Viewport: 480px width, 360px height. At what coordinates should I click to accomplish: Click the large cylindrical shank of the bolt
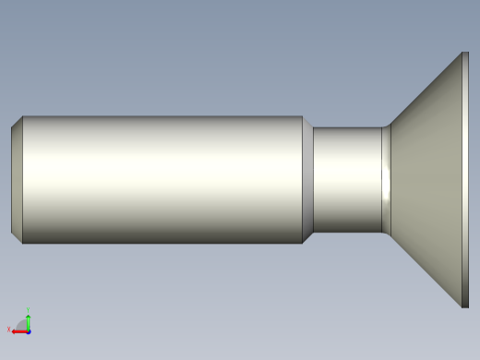click(162, 180)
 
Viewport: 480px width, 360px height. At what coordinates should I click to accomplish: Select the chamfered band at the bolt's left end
click(17, 180)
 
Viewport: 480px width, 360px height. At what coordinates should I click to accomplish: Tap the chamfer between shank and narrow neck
click(307, 180)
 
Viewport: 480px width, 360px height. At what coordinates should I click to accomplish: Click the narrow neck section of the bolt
click(346, 180)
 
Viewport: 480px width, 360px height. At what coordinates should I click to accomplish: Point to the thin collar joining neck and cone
click(386, 180)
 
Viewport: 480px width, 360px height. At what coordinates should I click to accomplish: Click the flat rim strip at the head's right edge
click(465, 180)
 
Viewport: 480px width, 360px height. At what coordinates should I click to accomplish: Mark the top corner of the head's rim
click(465, 53)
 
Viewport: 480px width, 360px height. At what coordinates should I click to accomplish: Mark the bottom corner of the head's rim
click(465, 306)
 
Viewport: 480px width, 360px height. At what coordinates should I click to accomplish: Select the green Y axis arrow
click(29, 319)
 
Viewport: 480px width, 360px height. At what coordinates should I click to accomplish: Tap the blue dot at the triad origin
click(29, 330)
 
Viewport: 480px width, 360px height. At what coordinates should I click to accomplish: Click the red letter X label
click(8, 330)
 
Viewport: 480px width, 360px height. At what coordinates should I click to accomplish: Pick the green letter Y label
click(29, 310)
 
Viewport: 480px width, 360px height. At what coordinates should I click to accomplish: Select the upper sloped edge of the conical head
click(425, 89)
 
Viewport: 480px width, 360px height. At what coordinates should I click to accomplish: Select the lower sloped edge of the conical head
click(425, 270)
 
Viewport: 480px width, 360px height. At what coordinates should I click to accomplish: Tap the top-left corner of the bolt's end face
click(12, 127)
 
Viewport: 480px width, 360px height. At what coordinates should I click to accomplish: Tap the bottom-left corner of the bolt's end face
click(12, 233)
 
